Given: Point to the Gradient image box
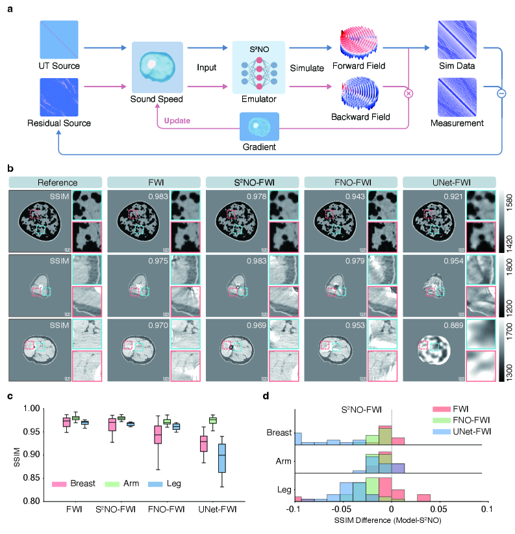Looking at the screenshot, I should tap(260, 127).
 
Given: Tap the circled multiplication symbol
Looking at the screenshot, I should tap(408, 93).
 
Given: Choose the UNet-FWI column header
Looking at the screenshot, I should tap(449, 183).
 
